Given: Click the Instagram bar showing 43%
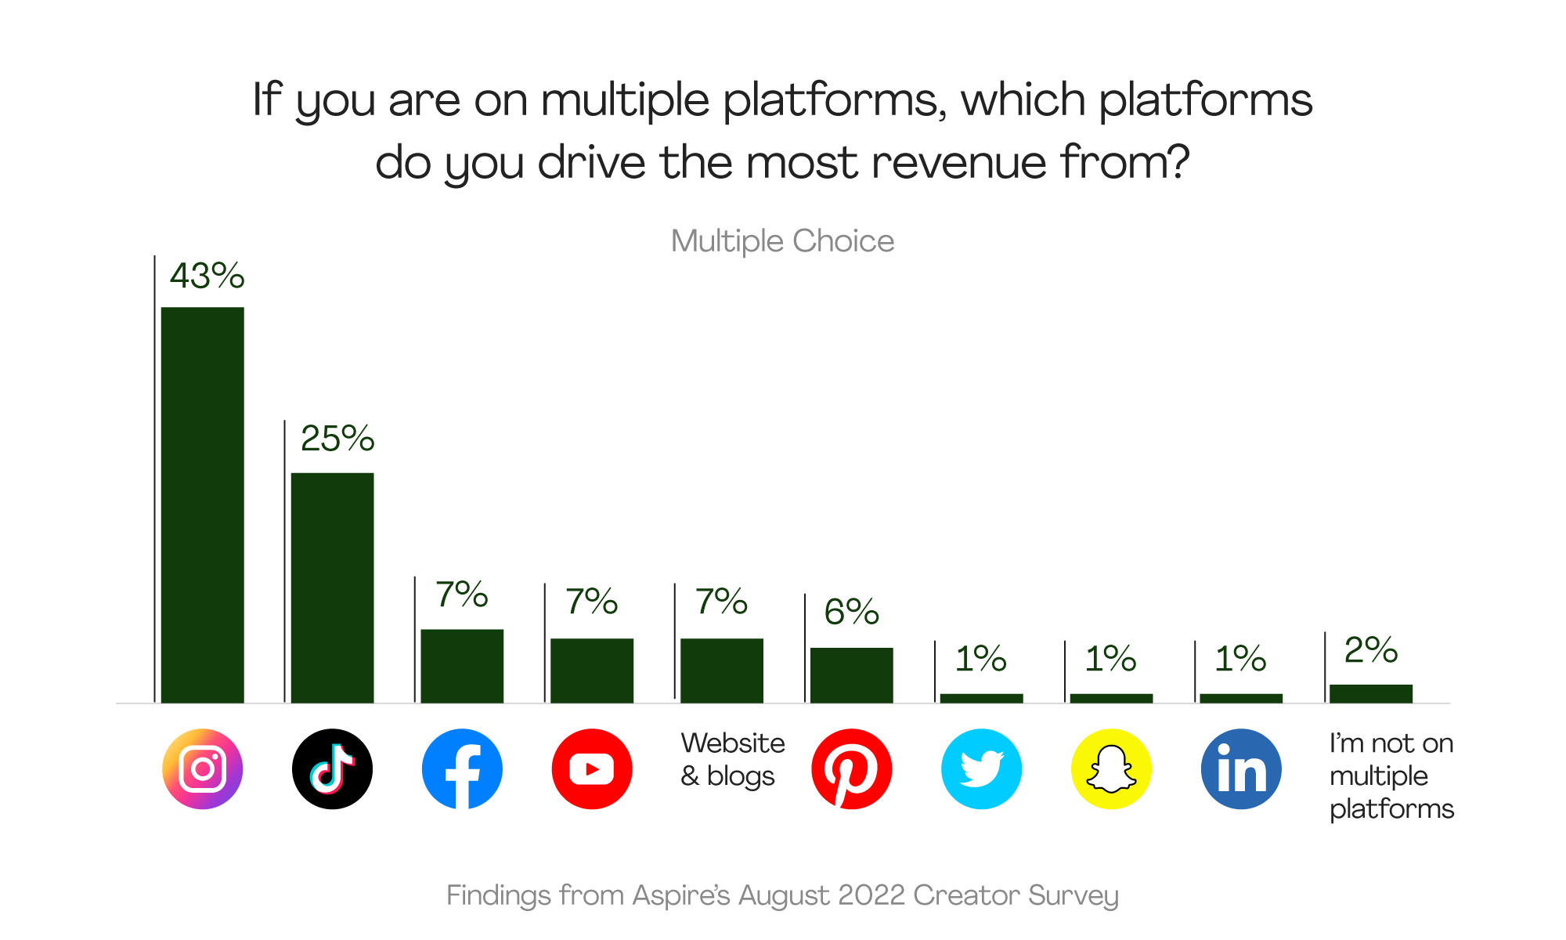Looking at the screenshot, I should point(202,505).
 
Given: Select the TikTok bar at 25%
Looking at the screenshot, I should point(332,587).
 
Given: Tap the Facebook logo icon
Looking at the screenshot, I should point(462,769).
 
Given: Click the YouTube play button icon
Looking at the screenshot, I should point(592,769).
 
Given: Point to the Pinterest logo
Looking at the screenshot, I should point(851,769).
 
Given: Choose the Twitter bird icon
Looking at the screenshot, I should point(981,769).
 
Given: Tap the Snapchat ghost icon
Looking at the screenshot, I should point(1111,769).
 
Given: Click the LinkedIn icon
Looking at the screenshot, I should point(1241,769).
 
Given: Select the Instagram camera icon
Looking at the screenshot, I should point(202,769).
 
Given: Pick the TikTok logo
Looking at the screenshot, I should point(332,769).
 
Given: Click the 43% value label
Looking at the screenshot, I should point(207,276).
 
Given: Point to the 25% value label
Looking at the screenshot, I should point(337,439).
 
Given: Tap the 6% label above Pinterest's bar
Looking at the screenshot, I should point(851,612).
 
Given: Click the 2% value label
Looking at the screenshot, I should point(1370,650).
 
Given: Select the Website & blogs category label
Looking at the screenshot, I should point(732,759).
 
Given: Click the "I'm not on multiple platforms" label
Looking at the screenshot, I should point(1391,775).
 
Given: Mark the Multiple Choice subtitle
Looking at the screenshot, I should point(782,241).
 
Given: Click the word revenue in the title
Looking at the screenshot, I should point(958,163).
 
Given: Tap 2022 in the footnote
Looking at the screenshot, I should point(871,895).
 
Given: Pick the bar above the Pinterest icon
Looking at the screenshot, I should point(851,675).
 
